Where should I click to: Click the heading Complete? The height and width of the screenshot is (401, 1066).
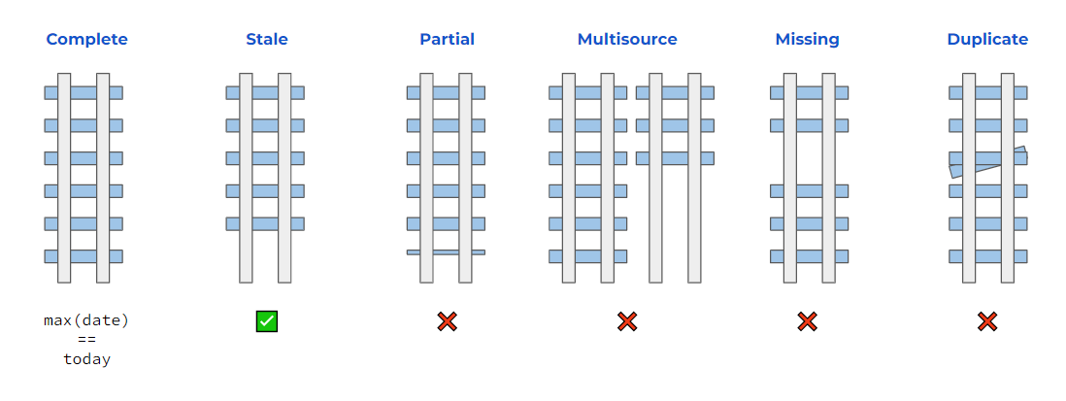coord(86,40)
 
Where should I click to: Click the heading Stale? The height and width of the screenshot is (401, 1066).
coord(266,40)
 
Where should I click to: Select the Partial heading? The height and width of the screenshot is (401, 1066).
coord(447,40)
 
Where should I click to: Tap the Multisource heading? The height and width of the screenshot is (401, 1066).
coord(627,40)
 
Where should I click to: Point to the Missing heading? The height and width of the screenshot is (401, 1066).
coord(807,40)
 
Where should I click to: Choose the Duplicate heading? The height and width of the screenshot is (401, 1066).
coord(987,40)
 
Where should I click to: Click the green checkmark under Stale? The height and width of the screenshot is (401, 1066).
coord(267,321)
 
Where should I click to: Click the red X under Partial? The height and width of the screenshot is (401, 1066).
coord(447,321)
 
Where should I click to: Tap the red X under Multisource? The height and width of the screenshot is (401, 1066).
coord(627,321)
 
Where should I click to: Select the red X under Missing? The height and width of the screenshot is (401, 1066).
coord(807,321)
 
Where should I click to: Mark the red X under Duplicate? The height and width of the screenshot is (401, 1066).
coord(987,321)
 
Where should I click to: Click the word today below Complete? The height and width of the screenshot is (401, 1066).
coord(86,359)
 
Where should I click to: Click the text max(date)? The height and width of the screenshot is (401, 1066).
coord(86,320)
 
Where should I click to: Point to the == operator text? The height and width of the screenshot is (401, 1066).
coord(86,340)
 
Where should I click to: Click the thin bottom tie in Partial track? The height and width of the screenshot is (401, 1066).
coord(446,252)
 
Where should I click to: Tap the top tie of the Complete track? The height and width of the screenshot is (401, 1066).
coord(83,92)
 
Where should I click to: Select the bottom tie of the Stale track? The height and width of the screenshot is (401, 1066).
coord(265,223)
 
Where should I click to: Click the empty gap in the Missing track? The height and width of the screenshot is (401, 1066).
coord(809,158)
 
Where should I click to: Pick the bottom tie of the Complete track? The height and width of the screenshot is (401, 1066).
coord(83,256)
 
